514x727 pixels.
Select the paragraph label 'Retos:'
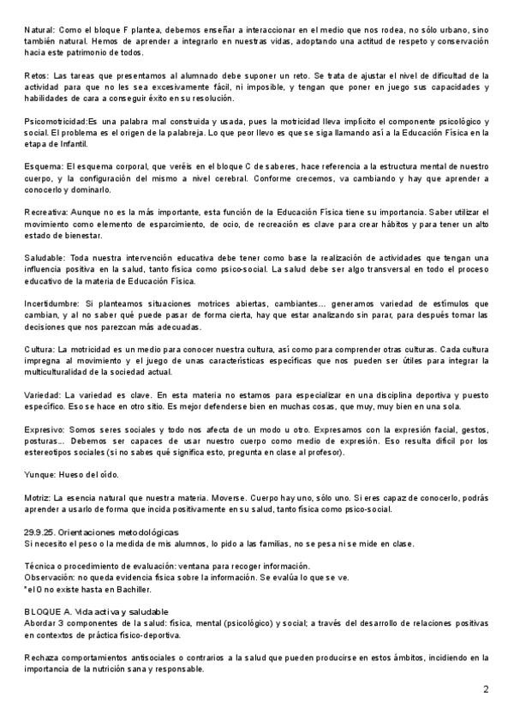pos(37,75)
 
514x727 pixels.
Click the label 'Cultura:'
pos(39,349)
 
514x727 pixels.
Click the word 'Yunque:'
pos(40,474)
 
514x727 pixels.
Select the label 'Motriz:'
pos(38,497)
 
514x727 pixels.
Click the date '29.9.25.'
pos(41,532)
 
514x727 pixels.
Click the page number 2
pos(486,688)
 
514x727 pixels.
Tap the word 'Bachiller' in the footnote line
pos(131,589)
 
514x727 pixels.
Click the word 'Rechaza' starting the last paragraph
pos(43,657)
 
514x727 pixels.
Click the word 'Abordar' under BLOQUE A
pos(43,622)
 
